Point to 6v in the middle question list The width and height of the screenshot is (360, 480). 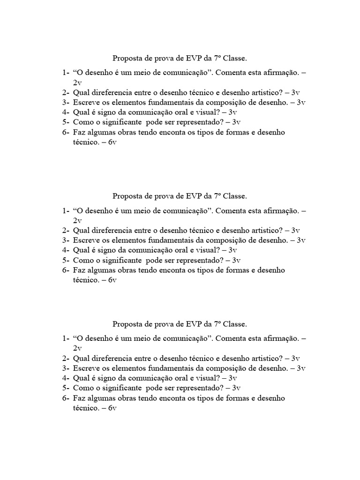[112, 280]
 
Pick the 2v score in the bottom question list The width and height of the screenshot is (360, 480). [77, 348]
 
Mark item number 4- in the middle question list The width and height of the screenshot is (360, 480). [65, 250]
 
